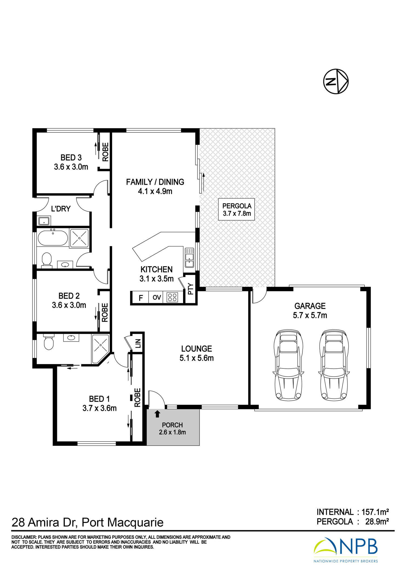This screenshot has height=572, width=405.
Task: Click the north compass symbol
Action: pos(336,81)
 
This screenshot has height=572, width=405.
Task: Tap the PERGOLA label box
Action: pos(237,210)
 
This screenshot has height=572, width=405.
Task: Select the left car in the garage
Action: pos(288,365)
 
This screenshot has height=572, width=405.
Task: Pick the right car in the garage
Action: pos(334,365)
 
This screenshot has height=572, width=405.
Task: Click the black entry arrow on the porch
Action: pos(157,414)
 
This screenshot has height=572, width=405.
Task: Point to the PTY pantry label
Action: pos(191,289)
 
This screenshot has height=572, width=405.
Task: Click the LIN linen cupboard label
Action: pos(138,343)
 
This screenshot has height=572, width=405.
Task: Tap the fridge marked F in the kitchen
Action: pos(140,298)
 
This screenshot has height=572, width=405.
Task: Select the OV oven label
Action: pos(157,297)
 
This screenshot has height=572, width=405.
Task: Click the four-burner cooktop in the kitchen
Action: pos(172,297)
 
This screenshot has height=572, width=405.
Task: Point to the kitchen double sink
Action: pos(189,258)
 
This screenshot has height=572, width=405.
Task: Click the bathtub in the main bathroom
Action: pos(53,238)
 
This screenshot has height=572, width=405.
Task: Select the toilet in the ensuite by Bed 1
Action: pos(49,341)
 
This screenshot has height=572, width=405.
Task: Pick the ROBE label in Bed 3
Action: pos(105,152)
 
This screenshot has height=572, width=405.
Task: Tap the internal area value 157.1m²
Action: pos(375,512)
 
